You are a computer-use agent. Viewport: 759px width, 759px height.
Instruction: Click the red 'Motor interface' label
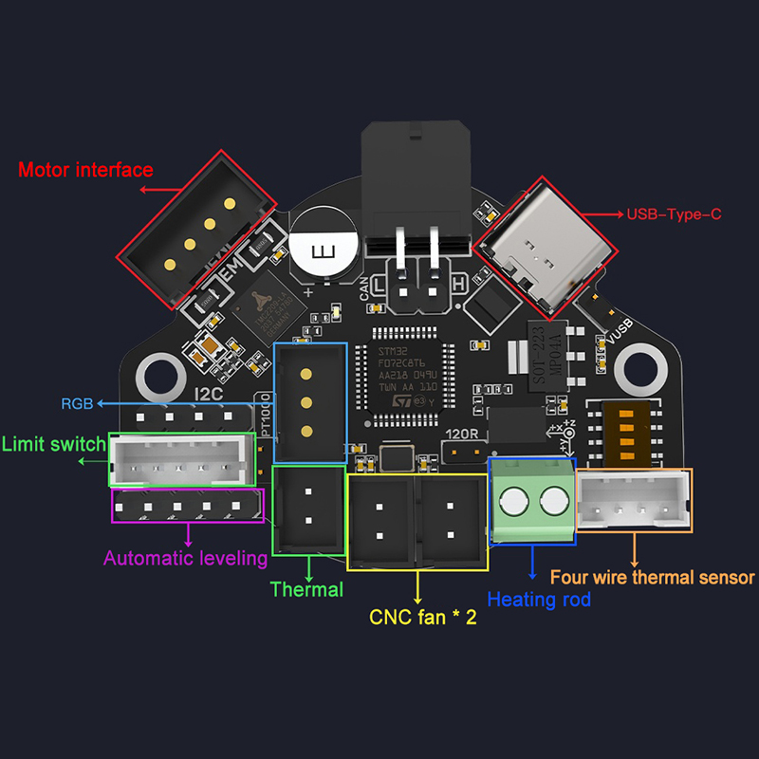85,171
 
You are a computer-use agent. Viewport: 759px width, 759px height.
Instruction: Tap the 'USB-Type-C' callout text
674,215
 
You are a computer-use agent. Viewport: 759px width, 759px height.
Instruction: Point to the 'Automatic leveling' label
185,558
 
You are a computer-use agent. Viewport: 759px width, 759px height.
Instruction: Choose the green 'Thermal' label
306,589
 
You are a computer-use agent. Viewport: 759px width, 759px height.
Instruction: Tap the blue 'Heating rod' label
538,600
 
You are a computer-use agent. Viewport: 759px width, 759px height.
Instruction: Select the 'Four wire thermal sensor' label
653,577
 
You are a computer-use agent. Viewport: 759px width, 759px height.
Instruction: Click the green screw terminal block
532,501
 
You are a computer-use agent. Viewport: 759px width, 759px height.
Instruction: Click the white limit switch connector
182,460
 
